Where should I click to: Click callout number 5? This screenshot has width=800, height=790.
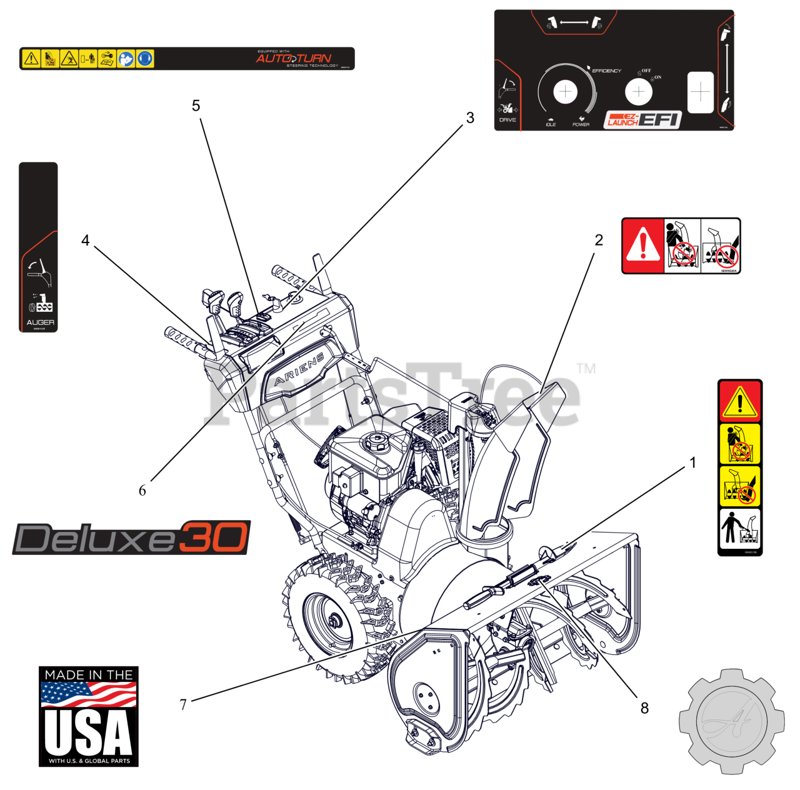(196, 106)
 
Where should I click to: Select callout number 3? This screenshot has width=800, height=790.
(470, 117)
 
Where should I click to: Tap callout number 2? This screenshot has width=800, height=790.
(599, 240)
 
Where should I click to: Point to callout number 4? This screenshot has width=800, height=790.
(86, 240)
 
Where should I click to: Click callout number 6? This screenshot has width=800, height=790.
(142, 491)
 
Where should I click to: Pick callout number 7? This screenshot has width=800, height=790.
(183, 704)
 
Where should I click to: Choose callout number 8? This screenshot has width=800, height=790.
(644, 708)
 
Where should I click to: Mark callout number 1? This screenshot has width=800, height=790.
(692, 462)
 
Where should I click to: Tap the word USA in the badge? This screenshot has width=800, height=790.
(88, 732)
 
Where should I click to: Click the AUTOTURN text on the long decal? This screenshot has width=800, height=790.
(293, 58)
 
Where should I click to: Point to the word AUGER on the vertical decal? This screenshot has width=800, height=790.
(40, 322)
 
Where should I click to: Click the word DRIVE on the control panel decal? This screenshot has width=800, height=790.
(507, 120)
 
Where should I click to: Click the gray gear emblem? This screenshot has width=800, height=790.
(731, 722)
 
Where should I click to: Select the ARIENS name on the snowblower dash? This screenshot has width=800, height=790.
(299, 369)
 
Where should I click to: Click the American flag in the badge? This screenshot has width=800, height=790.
(88, 693)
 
